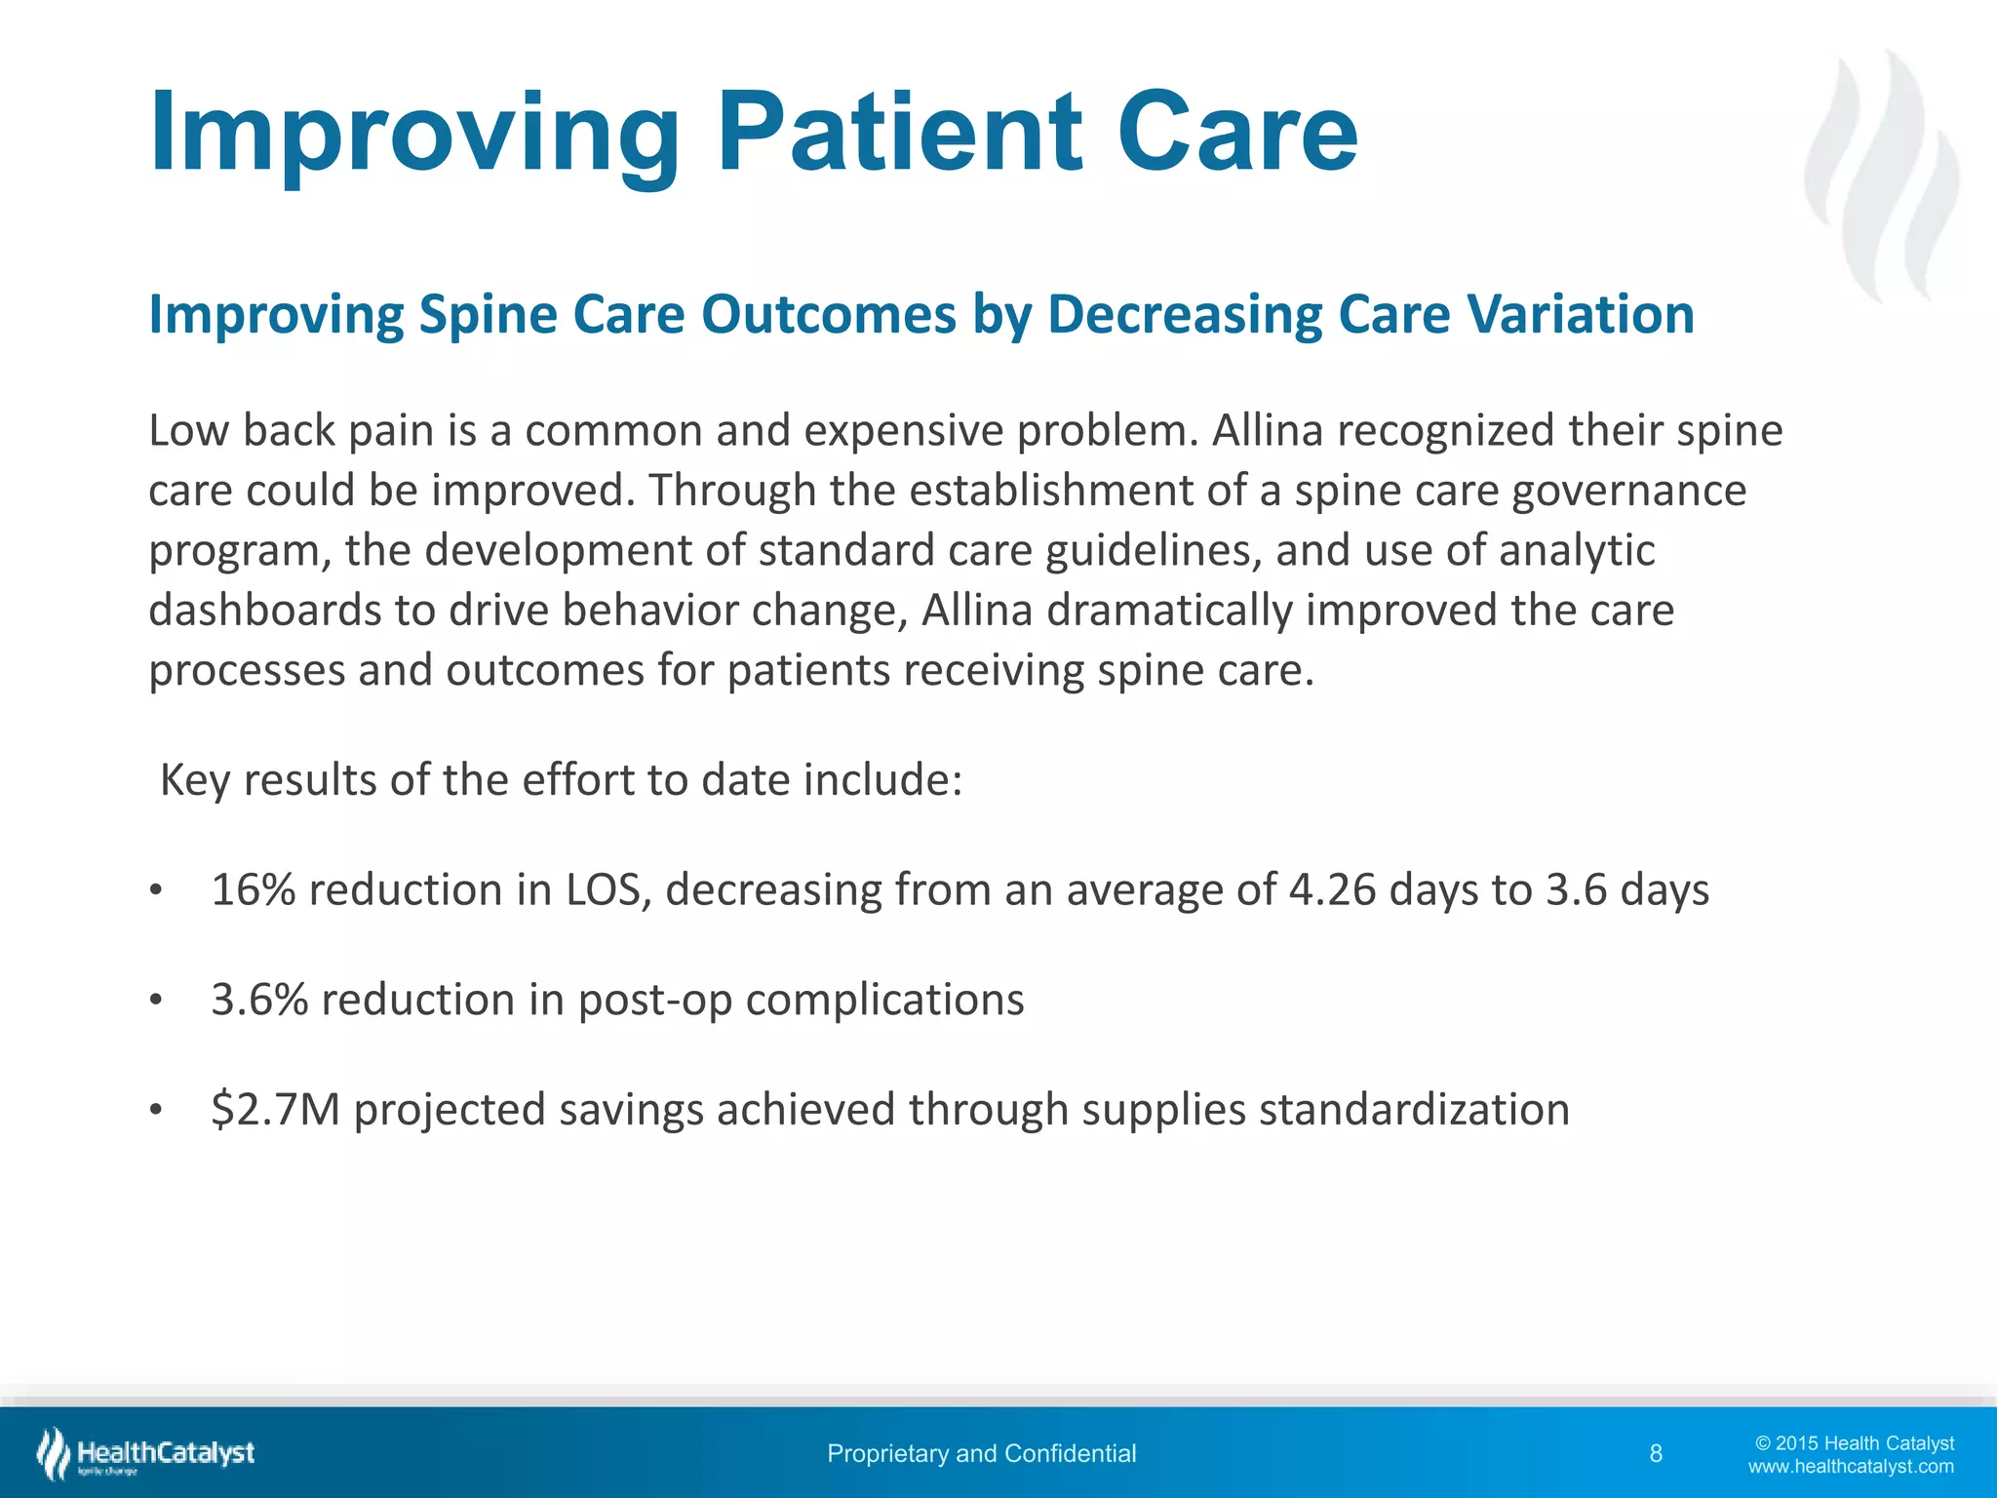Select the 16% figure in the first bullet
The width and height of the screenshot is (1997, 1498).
(253, 889)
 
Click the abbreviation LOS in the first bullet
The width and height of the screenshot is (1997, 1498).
(603, 889)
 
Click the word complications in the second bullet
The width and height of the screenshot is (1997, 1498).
(884, 1000)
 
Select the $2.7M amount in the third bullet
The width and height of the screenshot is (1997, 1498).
(275, 1110)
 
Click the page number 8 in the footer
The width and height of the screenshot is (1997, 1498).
(1656, 1454)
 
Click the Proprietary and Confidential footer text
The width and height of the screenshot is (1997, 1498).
(981, 1454)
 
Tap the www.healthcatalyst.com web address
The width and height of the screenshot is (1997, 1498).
(1851, 1467)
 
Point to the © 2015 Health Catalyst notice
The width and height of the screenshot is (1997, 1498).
(1855, 1443)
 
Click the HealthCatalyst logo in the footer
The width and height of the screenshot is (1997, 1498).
(146, 1453)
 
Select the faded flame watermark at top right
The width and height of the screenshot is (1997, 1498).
(1881, 176)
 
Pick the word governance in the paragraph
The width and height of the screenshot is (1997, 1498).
(1628, 491)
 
